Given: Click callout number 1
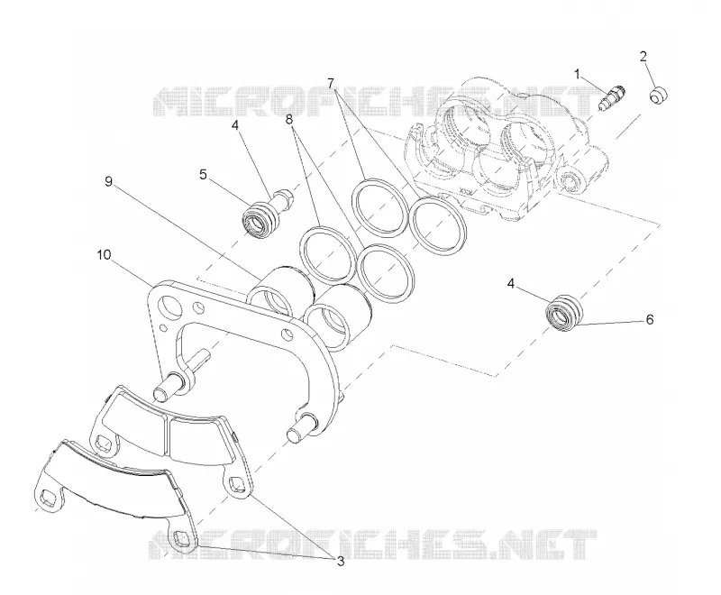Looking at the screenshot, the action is click(578, 74).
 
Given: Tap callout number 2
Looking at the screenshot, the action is click(643, 56).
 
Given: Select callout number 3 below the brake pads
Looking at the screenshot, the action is click(341, 561).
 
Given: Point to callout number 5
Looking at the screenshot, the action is click(204, 175).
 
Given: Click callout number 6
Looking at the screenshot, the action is click(649, 319).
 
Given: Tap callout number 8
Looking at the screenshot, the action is click(288, 120).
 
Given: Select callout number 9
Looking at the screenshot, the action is click(108, 181).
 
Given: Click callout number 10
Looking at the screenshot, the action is click(105, 254).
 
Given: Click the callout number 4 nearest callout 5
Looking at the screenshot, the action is click(235, 125).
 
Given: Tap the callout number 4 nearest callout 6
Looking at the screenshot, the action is click(511, 284).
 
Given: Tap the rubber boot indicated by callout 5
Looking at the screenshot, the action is click(261, 220).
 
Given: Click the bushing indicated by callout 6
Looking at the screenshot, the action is click(564, 312).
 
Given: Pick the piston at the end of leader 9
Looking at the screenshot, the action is click(279, 289).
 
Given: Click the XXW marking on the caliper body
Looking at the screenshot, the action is click(467, 190).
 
